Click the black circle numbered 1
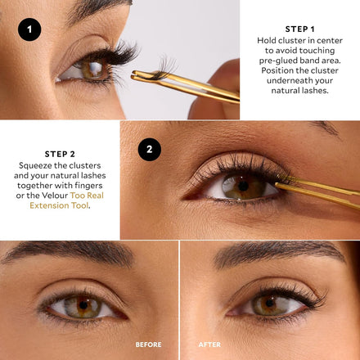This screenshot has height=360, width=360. (29, 29)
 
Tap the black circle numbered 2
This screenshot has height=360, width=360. (150, 150)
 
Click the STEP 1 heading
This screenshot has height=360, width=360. (299, 29)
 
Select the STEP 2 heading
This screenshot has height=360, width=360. (60, 154)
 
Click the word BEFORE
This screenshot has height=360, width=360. (148, 344)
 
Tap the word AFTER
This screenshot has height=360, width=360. (209, 344)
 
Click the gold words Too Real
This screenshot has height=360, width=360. (87, 196)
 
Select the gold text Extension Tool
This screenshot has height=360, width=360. (59, 205)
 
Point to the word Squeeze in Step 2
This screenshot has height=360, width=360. (32, 166)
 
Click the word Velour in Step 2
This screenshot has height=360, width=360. (55, 196)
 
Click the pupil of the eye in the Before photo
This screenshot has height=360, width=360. (83, 304)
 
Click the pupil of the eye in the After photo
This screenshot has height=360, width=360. (270, 303)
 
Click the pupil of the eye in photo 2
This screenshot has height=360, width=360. (243, 186)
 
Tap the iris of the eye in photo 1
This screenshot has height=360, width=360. (92, 69)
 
